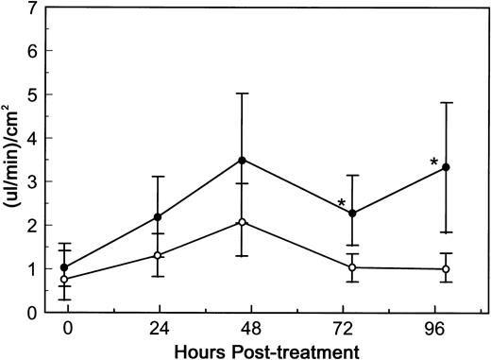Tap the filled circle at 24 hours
(158, 217)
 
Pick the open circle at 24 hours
(158, 255)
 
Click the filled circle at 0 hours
(64, 267)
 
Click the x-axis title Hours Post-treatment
(257, 351)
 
